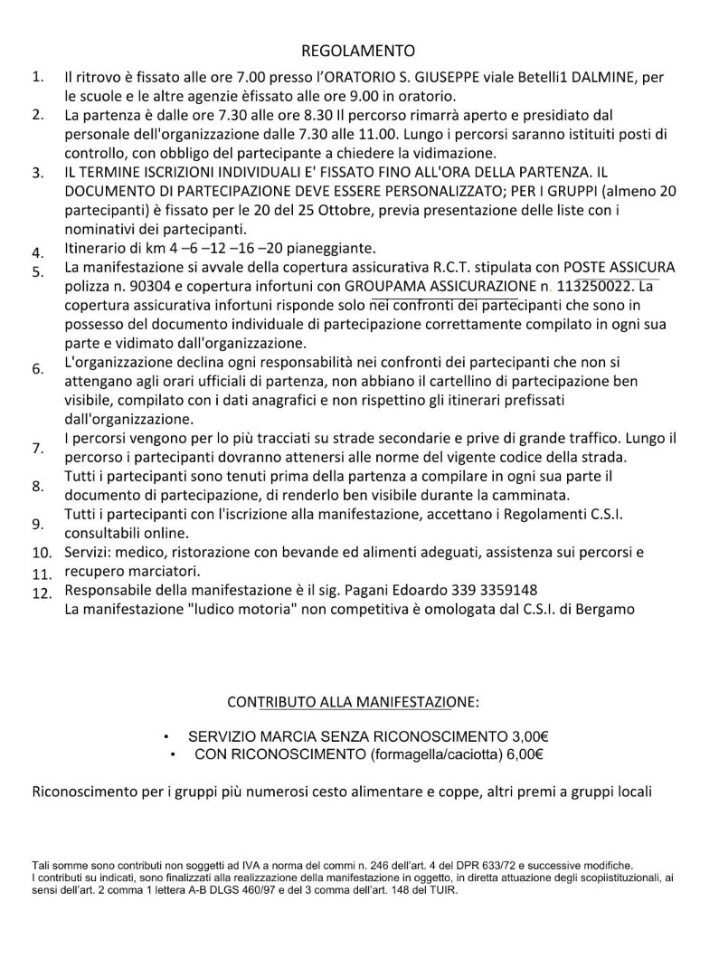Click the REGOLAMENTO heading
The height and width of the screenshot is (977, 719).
tap(358, 51)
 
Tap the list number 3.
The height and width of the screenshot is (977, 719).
tap(38, 173)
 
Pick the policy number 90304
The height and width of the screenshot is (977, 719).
tap(150, 287)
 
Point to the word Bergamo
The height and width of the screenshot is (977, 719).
tap(608, 610)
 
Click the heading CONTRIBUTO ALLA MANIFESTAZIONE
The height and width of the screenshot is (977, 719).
tap(353, 702)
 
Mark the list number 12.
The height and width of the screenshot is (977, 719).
tap(42, 593)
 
